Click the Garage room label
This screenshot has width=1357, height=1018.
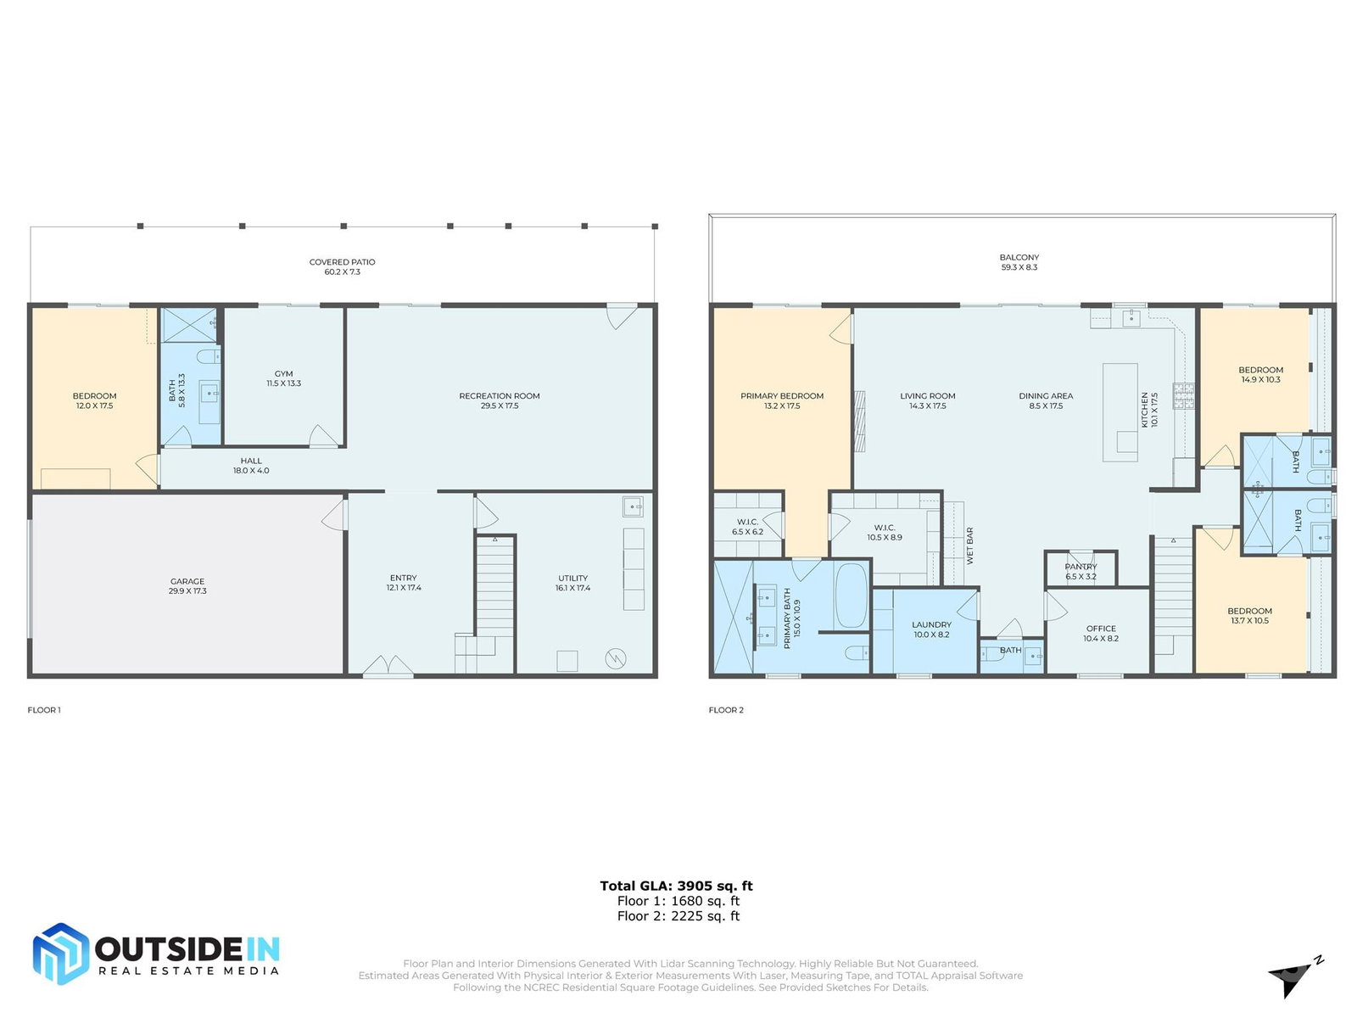187,580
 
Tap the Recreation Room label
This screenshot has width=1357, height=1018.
499,395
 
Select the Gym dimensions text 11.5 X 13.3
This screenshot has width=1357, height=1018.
284,383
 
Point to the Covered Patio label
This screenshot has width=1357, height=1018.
342,261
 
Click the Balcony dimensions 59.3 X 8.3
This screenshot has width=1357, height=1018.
1019,267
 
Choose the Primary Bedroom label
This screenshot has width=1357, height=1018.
781,395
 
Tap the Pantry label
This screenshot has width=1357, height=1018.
1081,566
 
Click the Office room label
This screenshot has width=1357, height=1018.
1100,628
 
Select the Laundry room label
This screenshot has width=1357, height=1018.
931,624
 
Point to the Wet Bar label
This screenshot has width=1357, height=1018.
969,545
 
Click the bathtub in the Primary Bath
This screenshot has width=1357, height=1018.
851,596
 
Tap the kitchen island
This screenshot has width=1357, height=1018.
1120,412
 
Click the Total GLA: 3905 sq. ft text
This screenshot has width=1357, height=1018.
676,886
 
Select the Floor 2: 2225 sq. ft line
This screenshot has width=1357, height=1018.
678,916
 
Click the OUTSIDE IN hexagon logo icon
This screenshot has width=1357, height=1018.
60,953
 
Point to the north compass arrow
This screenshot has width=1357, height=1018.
1294,979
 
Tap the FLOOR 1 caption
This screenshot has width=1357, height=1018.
44,709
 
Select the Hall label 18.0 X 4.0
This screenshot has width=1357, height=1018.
251,466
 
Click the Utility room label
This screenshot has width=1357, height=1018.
572,578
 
